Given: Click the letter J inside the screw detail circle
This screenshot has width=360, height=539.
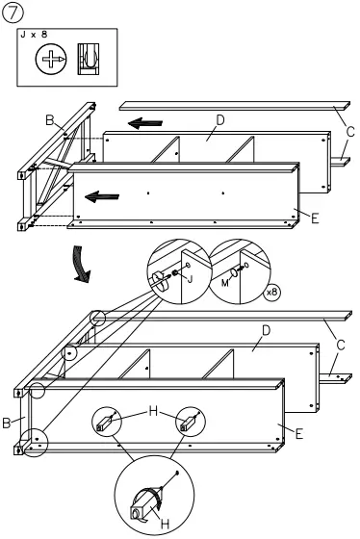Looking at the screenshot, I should click(x=189, y=279).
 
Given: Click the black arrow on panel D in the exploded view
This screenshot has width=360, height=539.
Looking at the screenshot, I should click(x=146, y=123).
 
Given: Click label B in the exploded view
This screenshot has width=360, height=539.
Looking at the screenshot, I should click(x=49, y=120).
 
